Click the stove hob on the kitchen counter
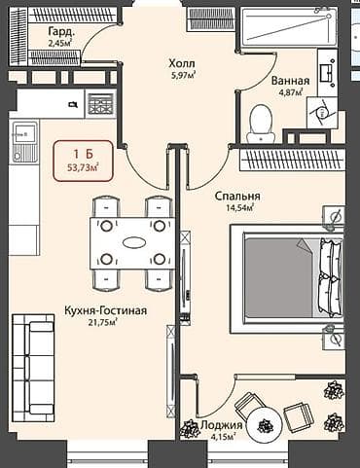[100, 103]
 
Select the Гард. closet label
[63, 31]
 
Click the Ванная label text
[291, 81]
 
